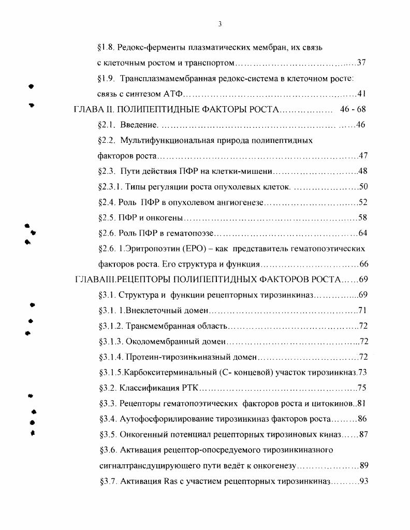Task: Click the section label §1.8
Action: coord(106,48)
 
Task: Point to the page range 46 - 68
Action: coord(353,110)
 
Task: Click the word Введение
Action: coord(138,125)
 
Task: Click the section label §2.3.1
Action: coord(110,187)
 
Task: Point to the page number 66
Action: coord(363,264)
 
